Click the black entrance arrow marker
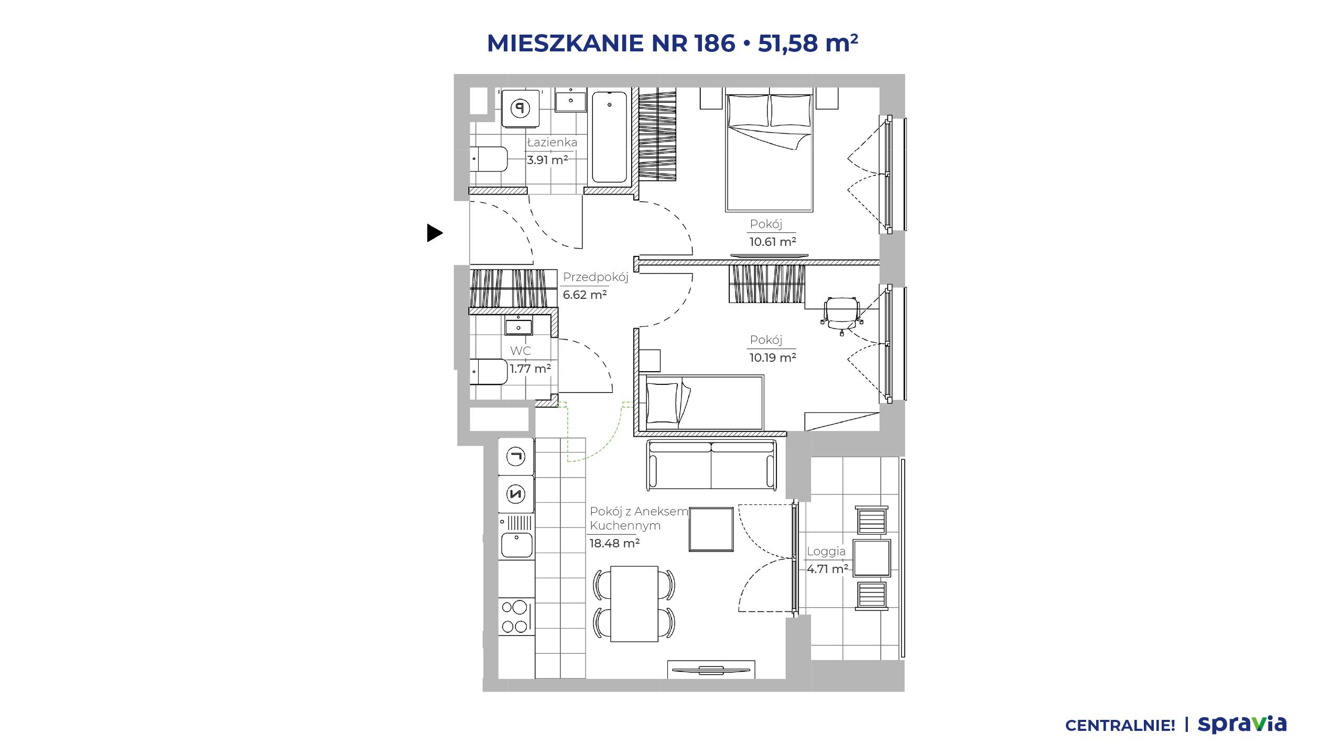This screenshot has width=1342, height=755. click(x=435, y=233)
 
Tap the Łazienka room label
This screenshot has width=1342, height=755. click(x=552, y=142)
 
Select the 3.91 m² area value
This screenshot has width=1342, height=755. click(x=547, y=160)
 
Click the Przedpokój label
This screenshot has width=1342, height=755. click(x=596, y=277)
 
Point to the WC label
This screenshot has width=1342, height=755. click(x=521, y=351)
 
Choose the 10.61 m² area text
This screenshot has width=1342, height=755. click(x=773, y=242)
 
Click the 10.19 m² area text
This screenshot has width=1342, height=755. click(x=773, y=358)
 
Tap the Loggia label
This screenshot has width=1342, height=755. click(x=826, y=552)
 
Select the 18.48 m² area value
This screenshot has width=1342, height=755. click(x=614, y=543)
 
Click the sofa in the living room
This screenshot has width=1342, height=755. click(x=711, y=465)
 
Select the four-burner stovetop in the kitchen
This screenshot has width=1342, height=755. click(x=148, y=617)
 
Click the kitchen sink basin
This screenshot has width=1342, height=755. click(x=149, y=545)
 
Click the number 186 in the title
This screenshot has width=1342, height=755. click(x=715, y=42)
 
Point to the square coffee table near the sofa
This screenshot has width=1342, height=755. click(x=711, y=529)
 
